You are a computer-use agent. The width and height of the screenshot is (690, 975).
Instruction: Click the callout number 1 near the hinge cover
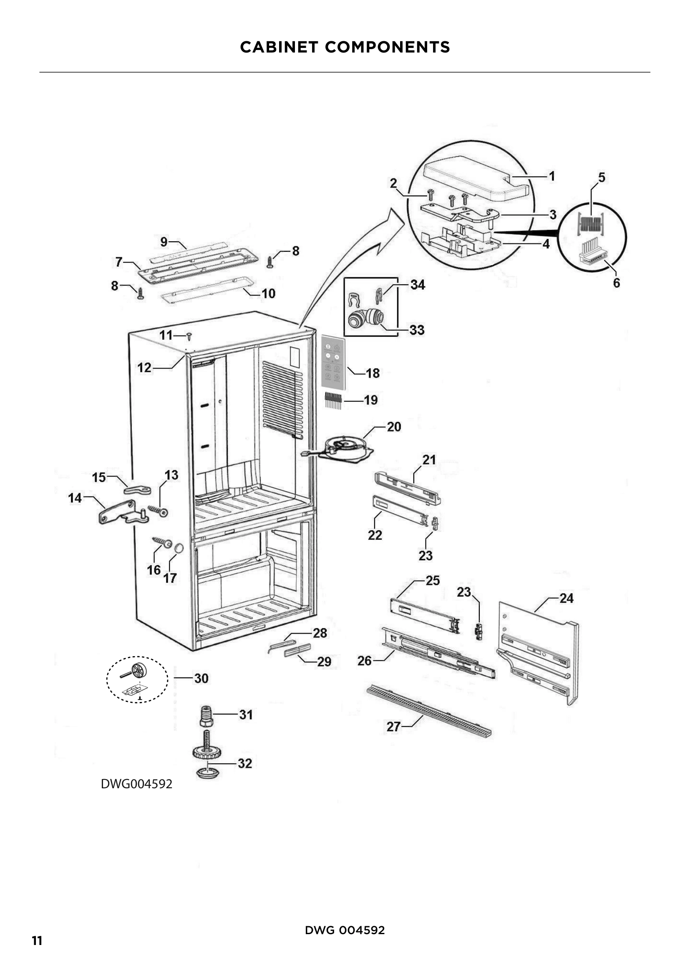click(x=551, y=176)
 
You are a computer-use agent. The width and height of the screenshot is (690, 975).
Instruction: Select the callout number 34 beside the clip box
click(x=417, y=285)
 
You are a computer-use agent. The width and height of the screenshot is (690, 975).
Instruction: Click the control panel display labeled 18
click(x=332, y=362)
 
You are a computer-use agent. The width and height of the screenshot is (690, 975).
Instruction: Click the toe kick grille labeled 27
click(x=429, y=709)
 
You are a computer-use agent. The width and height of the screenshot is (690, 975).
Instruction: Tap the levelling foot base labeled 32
click(x=208, y=772)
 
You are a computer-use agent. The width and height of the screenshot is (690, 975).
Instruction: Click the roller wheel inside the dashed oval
click(x=139, y=670)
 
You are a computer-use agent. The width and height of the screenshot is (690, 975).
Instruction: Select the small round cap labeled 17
click(x=179, y=548)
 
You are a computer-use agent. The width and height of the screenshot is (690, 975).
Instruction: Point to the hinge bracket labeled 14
click(x=121, y=513)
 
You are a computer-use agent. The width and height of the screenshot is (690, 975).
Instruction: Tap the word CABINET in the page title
click(x=279, y=47)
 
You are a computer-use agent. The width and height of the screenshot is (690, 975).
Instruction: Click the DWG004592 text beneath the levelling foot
click(x=136, y=784)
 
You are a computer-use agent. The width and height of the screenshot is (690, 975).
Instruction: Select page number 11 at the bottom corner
click(x=37, y=940)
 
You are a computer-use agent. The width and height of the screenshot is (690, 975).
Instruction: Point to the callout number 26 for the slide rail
click(x=364, y=660)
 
